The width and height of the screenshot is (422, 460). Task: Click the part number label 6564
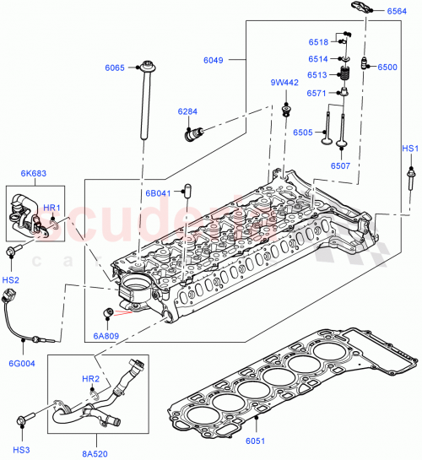[x=397, y=11]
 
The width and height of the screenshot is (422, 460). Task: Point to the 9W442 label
[x=284, y=83]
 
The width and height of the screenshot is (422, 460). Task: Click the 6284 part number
[x=188, y=111]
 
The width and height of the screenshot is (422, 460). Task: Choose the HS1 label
[x=409, y=149]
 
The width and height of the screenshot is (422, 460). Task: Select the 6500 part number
[x=387, y=67]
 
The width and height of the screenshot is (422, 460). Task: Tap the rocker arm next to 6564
[x=355, y=11]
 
